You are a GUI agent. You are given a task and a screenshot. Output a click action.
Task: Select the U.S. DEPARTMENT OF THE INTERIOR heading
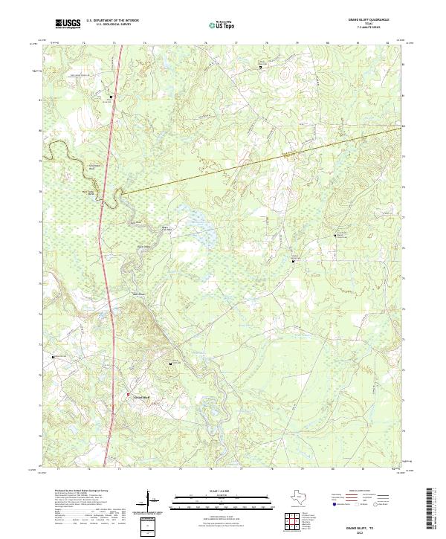(112, 21)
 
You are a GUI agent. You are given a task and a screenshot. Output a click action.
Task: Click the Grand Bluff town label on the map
(140, 398)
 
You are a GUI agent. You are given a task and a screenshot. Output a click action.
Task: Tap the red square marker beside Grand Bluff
(128, 394)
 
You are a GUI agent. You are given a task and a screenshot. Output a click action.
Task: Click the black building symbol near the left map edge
(54, 357)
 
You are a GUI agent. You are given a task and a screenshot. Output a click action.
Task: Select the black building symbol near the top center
(260, 67)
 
